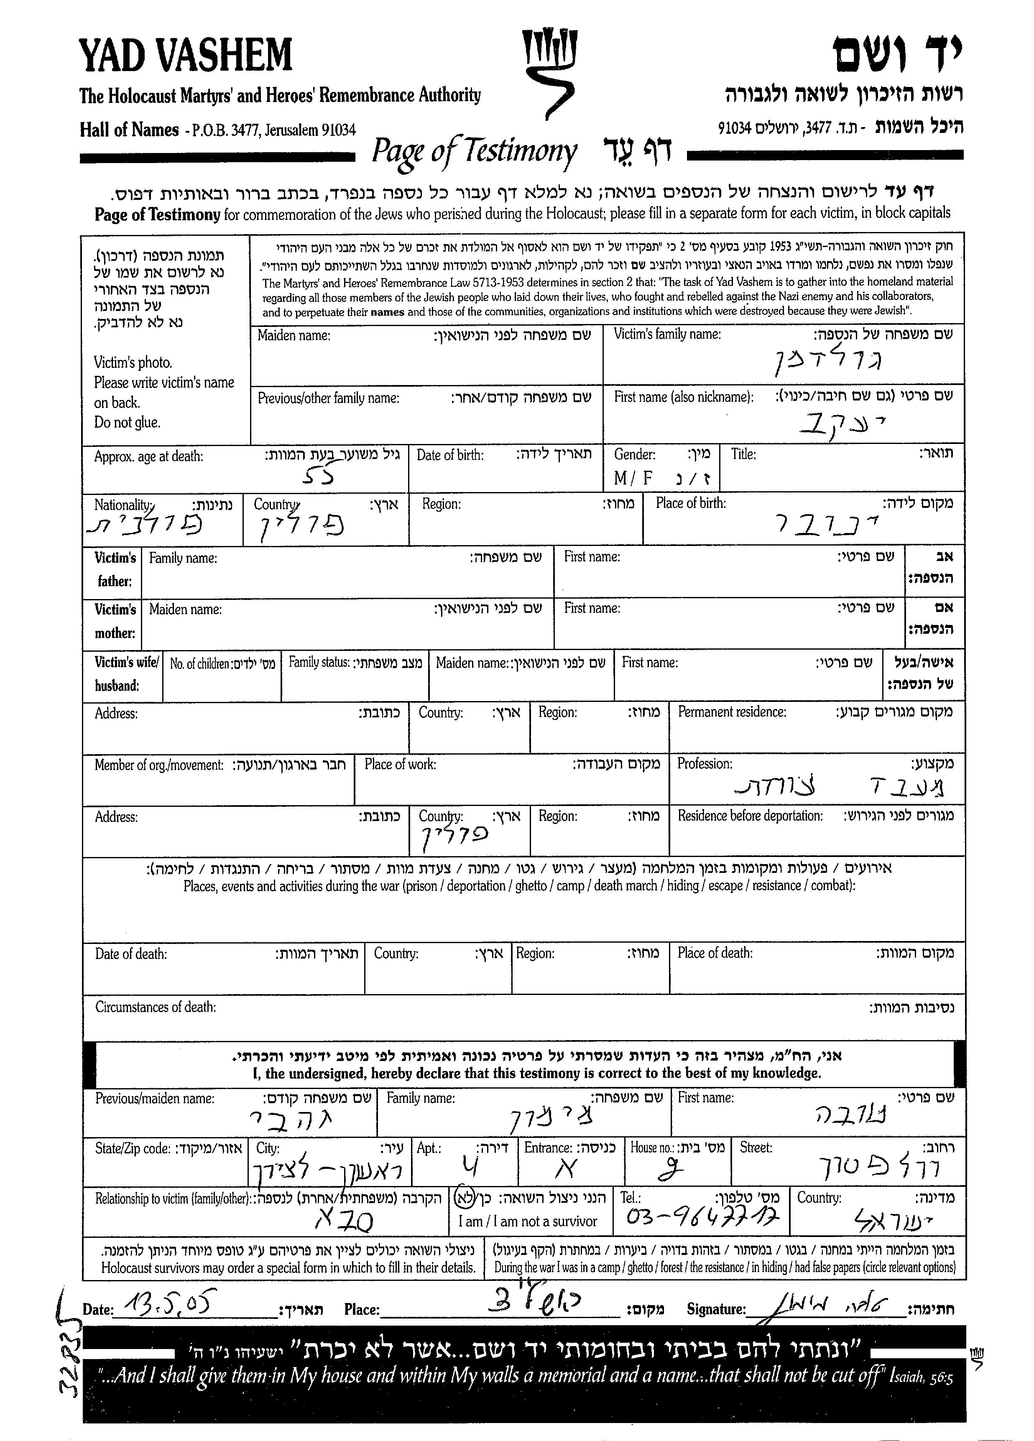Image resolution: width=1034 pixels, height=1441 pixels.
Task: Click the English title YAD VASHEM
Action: click(186, 55)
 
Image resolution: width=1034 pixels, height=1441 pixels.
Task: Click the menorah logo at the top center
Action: click(548, 72)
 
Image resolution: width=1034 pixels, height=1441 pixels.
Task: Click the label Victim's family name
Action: click(666, 334)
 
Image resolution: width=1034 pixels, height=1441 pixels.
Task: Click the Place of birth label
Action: click(690, 503)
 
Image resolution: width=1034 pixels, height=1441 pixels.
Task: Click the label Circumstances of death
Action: click(155, 1007)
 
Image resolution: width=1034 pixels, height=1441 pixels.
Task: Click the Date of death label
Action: click(131, 954)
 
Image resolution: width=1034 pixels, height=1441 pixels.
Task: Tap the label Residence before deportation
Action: click(750, 815)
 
